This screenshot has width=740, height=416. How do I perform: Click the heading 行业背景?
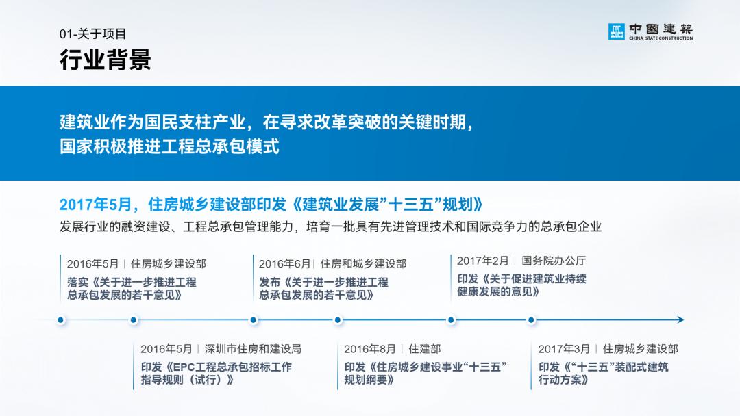[x=105, y=60]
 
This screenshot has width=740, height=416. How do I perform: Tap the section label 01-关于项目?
[x=92, y=34]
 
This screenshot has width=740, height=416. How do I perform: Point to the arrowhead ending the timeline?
[x=680, y=320]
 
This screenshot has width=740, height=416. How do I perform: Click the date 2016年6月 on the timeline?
[x=284, y=263]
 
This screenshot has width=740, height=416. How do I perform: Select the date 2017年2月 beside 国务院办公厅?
[x=482, y=261]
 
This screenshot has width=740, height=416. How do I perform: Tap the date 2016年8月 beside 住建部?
[x=370, y=349]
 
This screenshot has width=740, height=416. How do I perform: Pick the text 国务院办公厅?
[x=554, y=261]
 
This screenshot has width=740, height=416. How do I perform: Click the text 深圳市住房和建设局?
[x=253, y=349]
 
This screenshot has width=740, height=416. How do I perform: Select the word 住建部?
[x=425, y=349]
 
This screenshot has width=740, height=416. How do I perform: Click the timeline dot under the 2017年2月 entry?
[x=451, y=320]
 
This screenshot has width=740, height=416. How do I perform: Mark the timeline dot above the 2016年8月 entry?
[x=338, y=320]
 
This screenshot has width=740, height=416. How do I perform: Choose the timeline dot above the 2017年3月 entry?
[x=531, y=320]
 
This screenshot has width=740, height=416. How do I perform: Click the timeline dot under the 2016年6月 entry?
[x=254, y=320]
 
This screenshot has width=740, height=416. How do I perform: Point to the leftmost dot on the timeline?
[x=61, y=320]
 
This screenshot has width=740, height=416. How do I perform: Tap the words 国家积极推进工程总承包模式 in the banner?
[x=169, y=146]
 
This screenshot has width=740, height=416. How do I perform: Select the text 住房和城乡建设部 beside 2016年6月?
[x=363, y=263]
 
